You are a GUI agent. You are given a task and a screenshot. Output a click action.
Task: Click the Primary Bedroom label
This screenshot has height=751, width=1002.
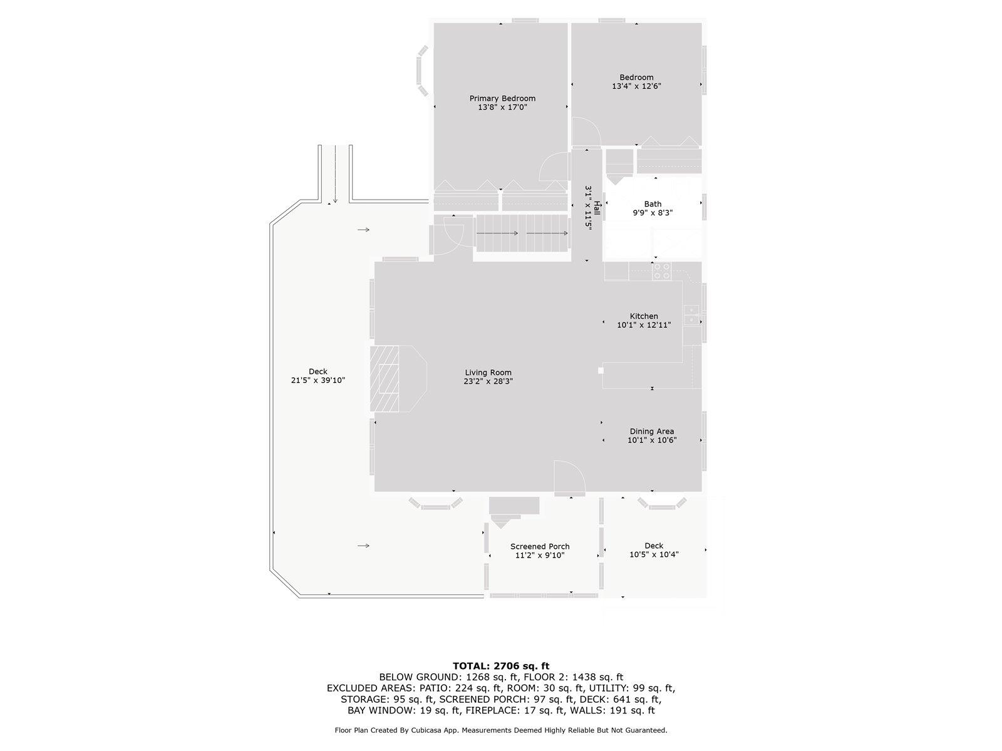502,98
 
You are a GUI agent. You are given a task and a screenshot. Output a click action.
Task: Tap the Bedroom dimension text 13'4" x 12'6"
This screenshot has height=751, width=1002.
636,86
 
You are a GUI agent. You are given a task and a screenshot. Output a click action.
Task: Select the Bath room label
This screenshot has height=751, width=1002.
653,204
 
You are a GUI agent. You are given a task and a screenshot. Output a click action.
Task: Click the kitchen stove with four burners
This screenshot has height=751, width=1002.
662,271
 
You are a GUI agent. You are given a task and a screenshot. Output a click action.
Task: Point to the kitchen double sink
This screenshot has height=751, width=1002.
691,314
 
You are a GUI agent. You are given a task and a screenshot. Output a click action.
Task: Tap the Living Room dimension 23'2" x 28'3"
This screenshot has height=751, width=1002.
488,381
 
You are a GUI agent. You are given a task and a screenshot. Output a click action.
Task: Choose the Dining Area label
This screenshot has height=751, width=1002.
651,431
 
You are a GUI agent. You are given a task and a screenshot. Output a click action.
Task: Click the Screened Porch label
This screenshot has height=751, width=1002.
540,546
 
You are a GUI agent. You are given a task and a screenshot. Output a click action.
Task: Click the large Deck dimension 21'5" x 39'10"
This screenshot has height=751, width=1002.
318,380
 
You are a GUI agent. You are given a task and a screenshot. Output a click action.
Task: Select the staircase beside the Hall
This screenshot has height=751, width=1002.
522,233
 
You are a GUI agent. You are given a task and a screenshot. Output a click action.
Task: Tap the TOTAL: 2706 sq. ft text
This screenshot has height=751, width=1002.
500,666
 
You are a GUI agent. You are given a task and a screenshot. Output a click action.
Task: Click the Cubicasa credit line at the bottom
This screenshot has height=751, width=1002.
500,730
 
